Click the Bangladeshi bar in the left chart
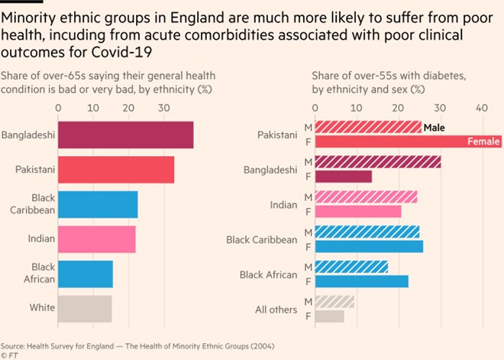click(x=125, y=135)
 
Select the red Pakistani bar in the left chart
click(x=116, y=170)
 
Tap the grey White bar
click(x=85, y=308)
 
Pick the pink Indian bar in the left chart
click(x=96, y=239)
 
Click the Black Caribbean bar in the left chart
click(x=98, y=204)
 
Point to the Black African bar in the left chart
click(x=85, y=274)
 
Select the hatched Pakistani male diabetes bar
click(x=367, y=127)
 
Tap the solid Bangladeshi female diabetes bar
click(x=343, y=177)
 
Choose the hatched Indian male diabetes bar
click(x=366, y=197)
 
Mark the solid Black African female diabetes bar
click(x=361, y=281)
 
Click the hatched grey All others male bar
click(x=334, y=302)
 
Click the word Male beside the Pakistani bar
click(x=435, y=128)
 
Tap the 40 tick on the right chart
click(x=481, y=108)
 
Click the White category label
click(x=42, y=308)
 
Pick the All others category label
click(x=275, y=309)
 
